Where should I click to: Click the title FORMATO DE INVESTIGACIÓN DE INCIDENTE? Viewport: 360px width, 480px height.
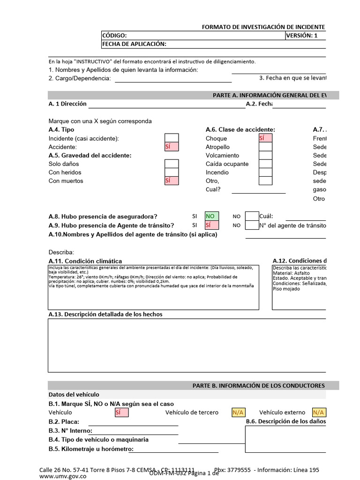coord(263,28)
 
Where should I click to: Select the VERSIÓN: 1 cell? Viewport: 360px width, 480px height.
coord(305,36)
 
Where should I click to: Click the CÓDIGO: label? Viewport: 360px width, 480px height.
coord(114,36)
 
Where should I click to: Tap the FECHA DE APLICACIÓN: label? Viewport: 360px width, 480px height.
coord(134,44)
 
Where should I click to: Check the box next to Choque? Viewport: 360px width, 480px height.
coord(265,138)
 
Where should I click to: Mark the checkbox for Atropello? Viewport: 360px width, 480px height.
coord(265,147)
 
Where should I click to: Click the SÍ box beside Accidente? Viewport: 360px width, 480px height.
coord(171,147)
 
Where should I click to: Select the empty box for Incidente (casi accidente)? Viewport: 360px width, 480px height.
coord(171,138)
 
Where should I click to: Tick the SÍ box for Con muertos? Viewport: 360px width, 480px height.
coord(171,180)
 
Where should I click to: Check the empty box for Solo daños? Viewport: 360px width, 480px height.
coord(171,164)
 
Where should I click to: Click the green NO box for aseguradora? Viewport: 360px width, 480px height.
coord(212,216)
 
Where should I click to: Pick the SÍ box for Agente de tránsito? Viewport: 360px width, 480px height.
coord(212,225)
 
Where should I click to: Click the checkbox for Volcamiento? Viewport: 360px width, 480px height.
coord(265,155)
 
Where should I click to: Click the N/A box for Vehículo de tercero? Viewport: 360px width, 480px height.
coord(238,412)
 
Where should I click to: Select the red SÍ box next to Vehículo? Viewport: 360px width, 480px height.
coord(121,412)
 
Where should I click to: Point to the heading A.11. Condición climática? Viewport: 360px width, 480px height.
coord(85,261)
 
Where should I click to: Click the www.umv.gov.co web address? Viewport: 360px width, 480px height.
coord(63,475)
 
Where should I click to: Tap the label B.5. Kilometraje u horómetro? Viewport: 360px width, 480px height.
coord(91,449)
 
